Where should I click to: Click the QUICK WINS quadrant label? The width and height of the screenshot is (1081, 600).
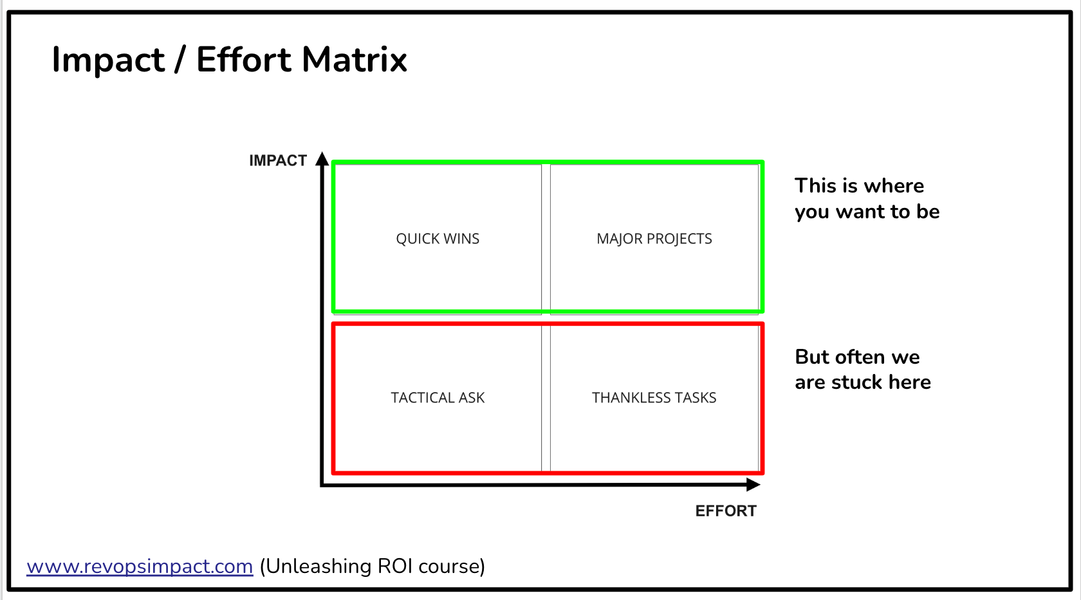(438, 239)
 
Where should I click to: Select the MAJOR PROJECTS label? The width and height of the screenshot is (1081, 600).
(654, 239)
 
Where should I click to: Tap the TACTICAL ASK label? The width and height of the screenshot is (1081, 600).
(438, 398)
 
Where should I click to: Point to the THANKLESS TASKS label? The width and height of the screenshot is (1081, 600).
(654, 398)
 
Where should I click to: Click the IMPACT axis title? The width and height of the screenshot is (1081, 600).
(278, 161)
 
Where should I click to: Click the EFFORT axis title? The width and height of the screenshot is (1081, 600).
(726, 511)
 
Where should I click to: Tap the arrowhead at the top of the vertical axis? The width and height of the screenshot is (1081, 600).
(322, 159)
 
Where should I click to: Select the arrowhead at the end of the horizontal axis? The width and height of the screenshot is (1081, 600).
(753, 485)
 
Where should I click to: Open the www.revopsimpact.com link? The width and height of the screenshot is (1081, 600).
(140, 567)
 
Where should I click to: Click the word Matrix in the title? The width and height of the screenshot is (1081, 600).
(354, 60)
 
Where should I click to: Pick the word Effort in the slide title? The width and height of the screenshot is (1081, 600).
(243, 60)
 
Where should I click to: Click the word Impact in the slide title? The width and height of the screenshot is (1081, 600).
(108, 60)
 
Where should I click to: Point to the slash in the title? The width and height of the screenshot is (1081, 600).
(180, 60)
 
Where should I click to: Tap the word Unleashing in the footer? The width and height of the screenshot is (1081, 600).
(318, 567)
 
